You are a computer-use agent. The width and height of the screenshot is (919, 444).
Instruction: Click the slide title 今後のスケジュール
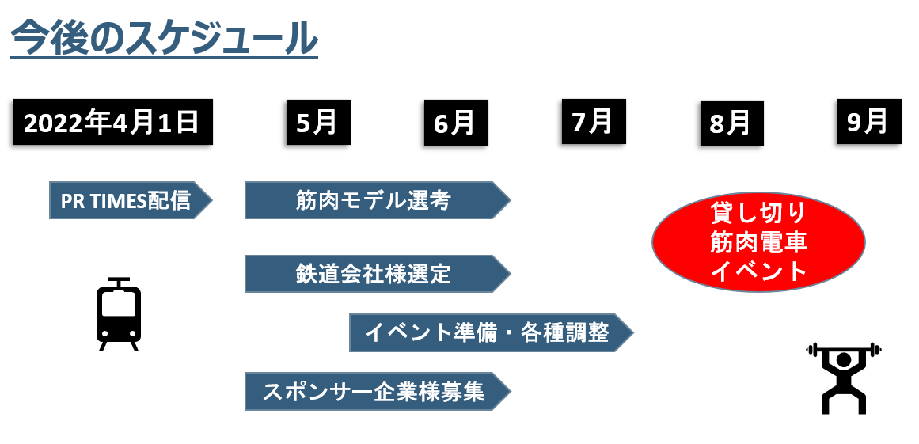click(164, 38)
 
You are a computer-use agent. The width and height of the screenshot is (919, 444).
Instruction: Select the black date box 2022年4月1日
click(112, 123)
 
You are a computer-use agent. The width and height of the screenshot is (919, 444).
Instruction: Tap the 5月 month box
click(317, 123)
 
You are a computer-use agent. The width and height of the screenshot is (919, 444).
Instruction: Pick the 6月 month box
click(455, 123)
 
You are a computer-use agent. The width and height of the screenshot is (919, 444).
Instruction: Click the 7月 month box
click(593, 122)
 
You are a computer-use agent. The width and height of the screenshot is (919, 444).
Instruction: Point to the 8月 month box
click(731, 123)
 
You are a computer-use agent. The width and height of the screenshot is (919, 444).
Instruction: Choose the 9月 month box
click(868, 122)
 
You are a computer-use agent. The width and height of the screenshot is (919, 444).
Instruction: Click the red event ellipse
click(758, 242)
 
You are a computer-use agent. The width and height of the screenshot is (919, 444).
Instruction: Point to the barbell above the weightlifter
click(843, 348)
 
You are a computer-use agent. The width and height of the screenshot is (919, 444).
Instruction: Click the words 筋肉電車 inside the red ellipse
click(758, 242)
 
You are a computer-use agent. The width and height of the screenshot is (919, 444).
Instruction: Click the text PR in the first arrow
click(72, 201)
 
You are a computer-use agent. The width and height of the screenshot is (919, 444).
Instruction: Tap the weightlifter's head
click(843, 361)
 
